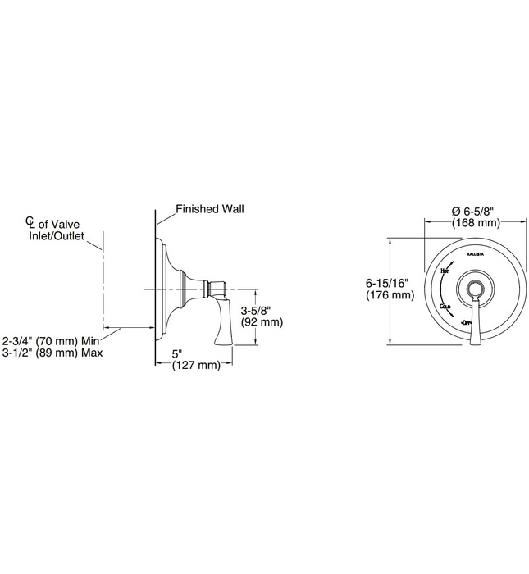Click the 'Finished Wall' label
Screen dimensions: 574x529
(x=211, y=209)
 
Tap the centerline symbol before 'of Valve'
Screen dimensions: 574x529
(x=30, y=222)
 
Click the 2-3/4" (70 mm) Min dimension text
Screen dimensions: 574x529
(x=51, y=339)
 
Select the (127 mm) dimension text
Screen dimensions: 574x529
(x=196, y=366)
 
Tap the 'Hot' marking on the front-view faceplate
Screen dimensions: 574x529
(x=444, y=271)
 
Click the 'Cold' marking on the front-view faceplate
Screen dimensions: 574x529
(x=446, y=306)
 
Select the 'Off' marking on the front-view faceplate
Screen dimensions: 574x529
(x=467, y=324)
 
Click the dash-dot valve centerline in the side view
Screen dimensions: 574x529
(x=103, y=279)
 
